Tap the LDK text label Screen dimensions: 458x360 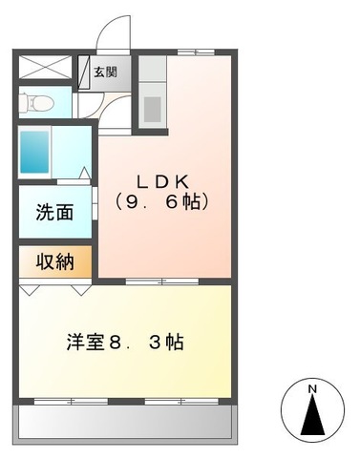(159, 180)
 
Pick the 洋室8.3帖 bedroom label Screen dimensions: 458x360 (125, 341)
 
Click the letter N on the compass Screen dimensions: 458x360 (312, 388)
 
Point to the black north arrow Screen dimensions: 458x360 (312, 419)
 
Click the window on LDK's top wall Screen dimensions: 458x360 (196, 52)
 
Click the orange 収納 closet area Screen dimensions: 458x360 (54, 260)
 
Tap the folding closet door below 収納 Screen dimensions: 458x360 (54, 283)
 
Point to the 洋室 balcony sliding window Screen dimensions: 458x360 (125, 398)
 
